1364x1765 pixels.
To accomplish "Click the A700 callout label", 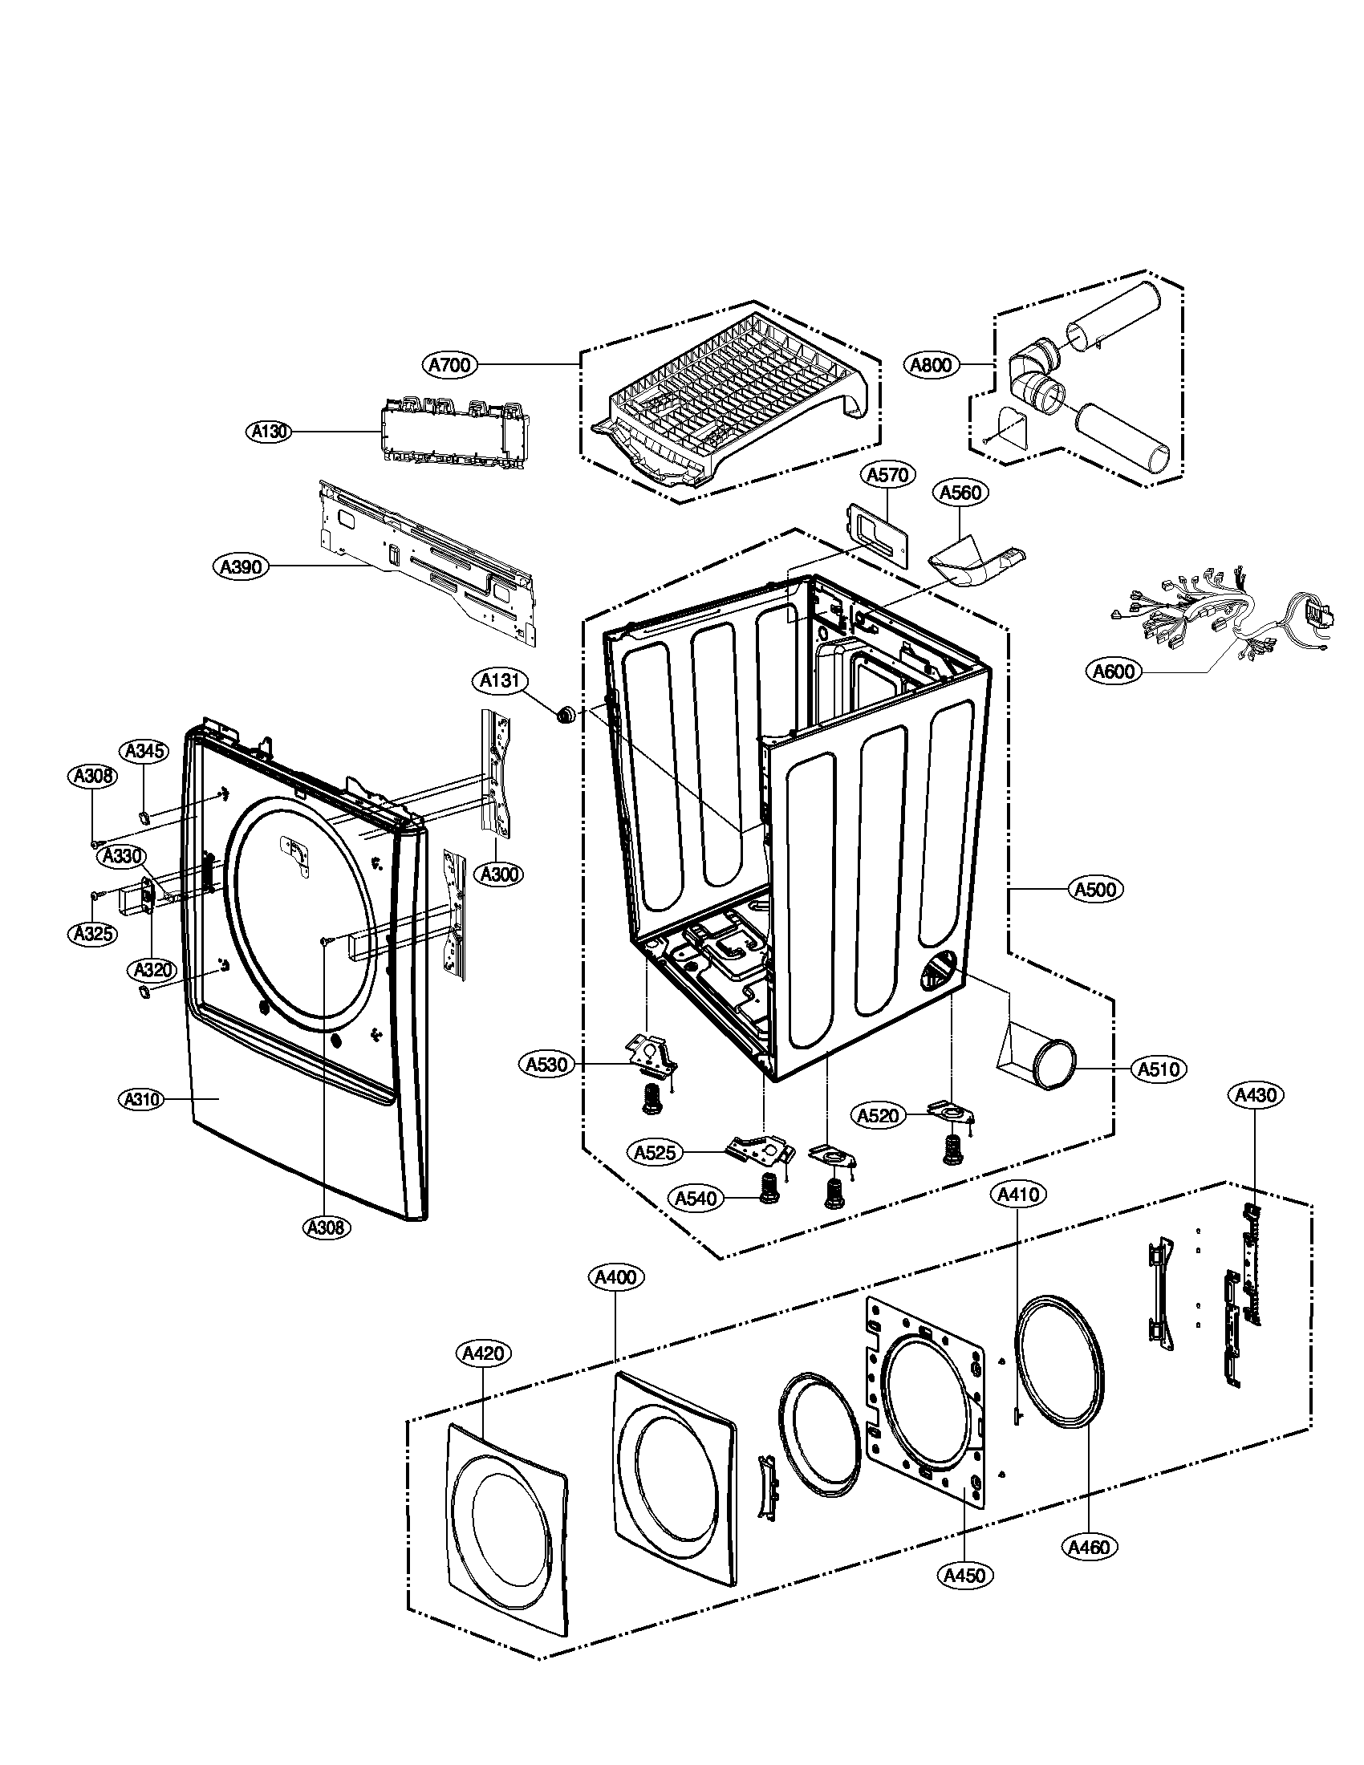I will click(449, 365).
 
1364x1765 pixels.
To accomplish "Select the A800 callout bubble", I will click(930, 365).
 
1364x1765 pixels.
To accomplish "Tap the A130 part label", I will click(267, 432).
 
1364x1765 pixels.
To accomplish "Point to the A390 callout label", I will click(242, 567).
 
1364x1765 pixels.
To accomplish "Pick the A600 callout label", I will click(1114, 671).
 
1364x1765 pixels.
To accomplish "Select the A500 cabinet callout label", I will click(1097, 890).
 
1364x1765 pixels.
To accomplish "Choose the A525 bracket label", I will click(656, 1152).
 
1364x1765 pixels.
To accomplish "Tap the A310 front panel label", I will click(140, 1099).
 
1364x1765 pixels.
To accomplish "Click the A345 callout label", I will click(144, 752).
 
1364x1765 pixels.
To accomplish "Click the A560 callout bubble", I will click(960, 492).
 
